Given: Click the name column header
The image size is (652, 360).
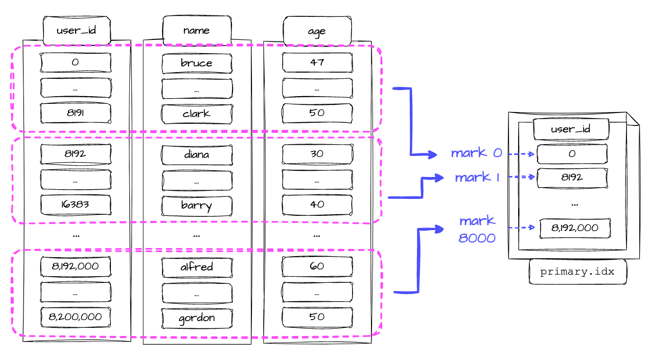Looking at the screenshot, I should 197,30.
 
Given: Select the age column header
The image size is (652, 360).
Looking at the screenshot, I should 317,31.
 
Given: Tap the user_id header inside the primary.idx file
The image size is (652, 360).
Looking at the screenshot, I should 571,129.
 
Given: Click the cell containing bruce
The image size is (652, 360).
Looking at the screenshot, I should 197,63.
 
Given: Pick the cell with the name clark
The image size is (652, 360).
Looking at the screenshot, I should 197,114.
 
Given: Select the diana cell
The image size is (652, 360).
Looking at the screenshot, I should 197,154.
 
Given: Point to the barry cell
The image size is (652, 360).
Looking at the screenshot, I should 197,205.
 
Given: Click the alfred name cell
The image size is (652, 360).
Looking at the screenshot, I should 197,266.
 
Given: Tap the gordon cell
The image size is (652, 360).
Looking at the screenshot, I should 197,318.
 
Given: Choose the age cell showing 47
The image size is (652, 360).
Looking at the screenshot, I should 317,62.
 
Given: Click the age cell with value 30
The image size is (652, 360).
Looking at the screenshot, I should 317,154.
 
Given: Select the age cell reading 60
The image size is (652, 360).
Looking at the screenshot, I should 317,266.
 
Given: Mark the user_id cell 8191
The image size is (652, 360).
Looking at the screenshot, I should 76,113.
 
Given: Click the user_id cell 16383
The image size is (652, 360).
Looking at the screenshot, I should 76,205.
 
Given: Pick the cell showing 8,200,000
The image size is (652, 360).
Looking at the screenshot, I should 76,317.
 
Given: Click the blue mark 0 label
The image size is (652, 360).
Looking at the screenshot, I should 476,153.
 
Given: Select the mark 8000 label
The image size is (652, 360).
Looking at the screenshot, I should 477,229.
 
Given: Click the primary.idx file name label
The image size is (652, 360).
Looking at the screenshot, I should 577,272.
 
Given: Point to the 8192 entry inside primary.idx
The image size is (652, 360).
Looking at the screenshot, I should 571,177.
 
